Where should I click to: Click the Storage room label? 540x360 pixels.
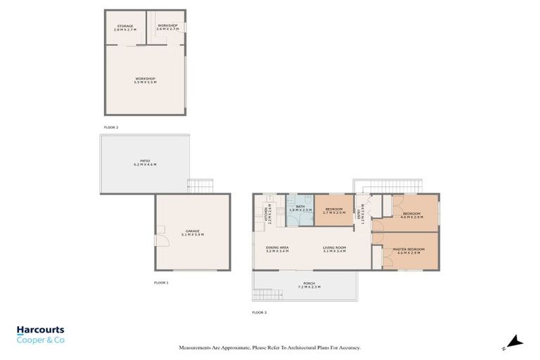(x=125, y=27)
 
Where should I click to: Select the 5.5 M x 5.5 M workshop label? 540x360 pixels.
(x=145, y=80)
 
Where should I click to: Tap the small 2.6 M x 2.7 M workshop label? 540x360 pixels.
(x=166, y=27)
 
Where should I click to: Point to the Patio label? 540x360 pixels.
(x=145, y=162)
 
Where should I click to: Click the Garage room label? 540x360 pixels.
(x=193, y=233)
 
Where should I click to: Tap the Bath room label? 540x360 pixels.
(x=300, y=208)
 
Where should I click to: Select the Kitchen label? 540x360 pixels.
(x=266, y=213)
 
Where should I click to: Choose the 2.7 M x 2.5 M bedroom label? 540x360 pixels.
(x=334, y=210)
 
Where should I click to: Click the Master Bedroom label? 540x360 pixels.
(x=409, y=251)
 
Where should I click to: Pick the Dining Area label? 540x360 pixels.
(x=276, y=249)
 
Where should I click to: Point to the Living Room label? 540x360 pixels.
(x=335, y=249)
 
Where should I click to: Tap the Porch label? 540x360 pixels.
(x=309, y=286)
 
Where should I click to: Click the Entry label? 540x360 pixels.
(x=362, y=211)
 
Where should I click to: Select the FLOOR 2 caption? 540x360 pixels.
(x=111, y=127)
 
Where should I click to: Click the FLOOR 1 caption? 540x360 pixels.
(x=161, y=282)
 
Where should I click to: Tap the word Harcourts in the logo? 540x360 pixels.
(x=40, y=330)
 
